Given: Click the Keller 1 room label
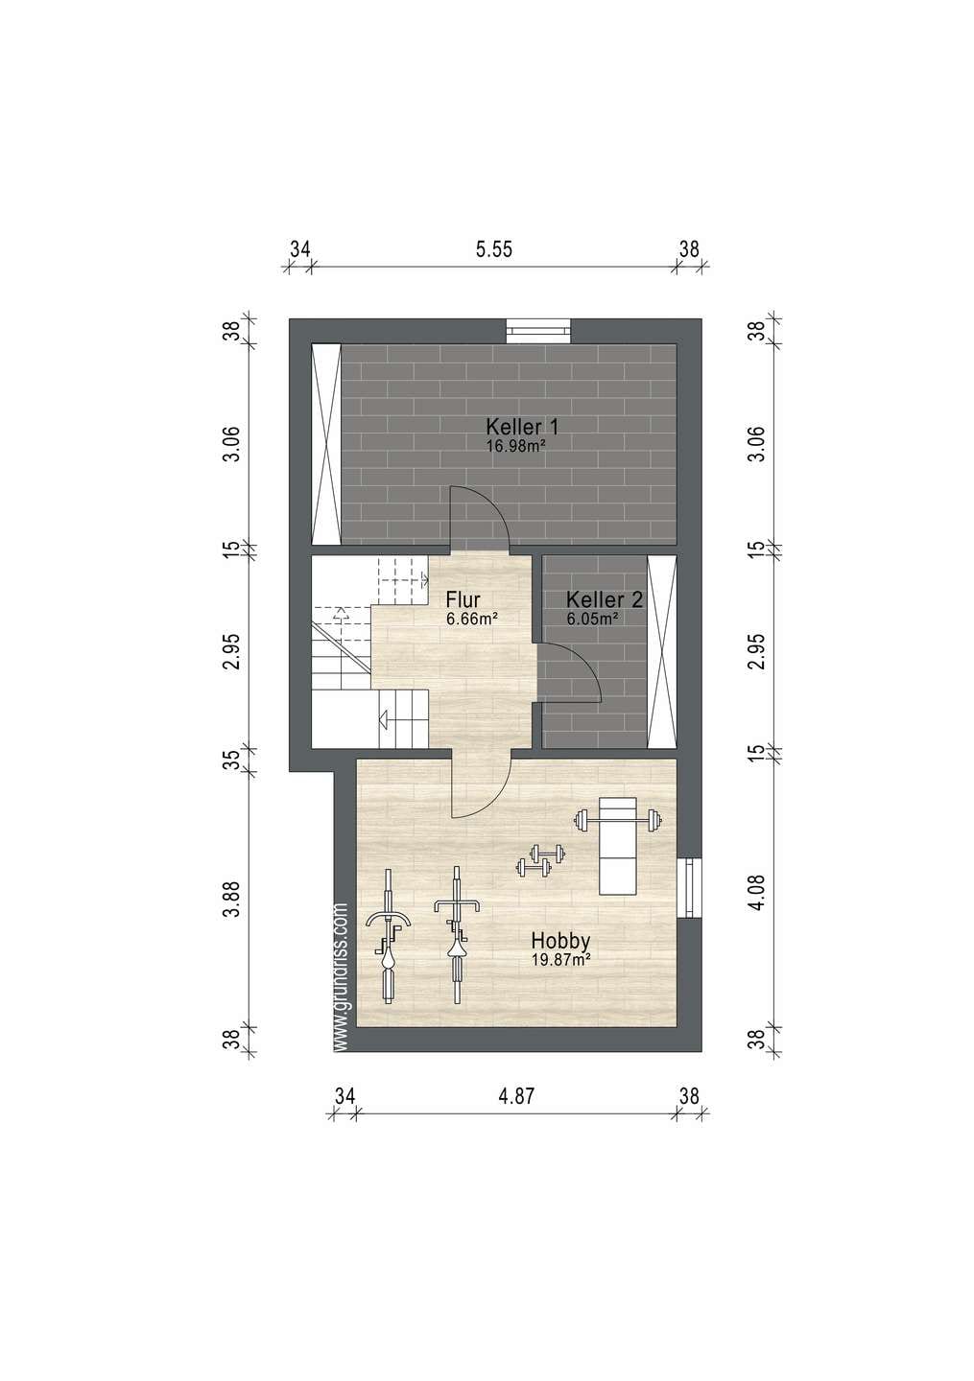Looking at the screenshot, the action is click(522, 426).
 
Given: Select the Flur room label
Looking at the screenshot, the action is click(463, 598).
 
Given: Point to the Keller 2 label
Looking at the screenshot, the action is click(604, 599).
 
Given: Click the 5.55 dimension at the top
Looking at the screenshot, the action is click(494, 249).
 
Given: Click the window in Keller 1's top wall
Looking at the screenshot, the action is click(538, 331).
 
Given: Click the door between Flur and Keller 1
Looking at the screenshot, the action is click(479, 517).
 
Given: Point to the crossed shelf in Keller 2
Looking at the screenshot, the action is click(661, 652).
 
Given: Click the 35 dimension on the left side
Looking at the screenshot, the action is click(232, 760).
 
